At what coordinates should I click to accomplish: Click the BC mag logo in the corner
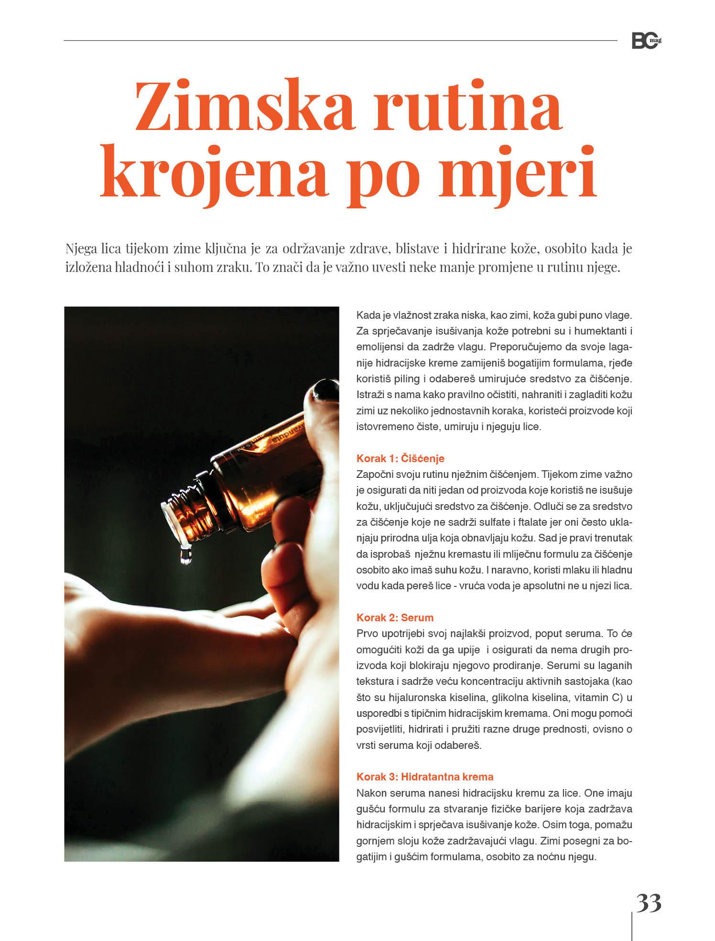pyautogui.click(x=646, y=41)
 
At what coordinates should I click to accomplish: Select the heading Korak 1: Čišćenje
pyautogui.click(x=400, y=459)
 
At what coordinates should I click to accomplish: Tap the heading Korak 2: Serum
pyautogui.click(x=395, y=617)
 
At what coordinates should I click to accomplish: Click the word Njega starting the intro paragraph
pyautogui.click(x=80, y=249)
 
